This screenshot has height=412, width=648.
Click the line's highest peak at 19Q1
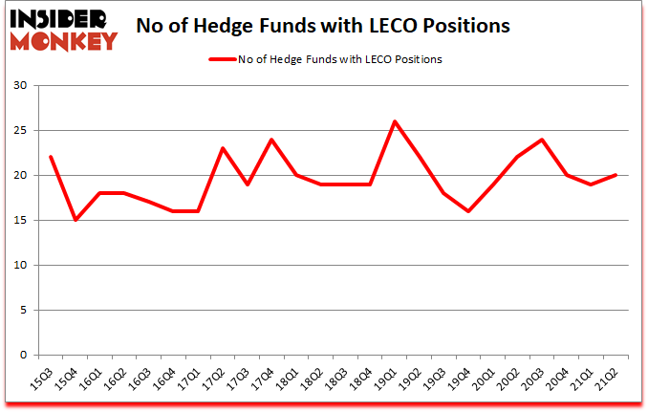[x=395, y=121]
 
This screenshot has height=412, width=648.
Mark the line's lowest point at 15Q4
[x=75, y=220]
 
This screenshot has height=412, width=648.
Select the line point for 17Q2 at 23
[x=223, y=148]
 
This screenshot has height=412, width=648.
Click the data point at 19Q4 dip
[x=469, y=211]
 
